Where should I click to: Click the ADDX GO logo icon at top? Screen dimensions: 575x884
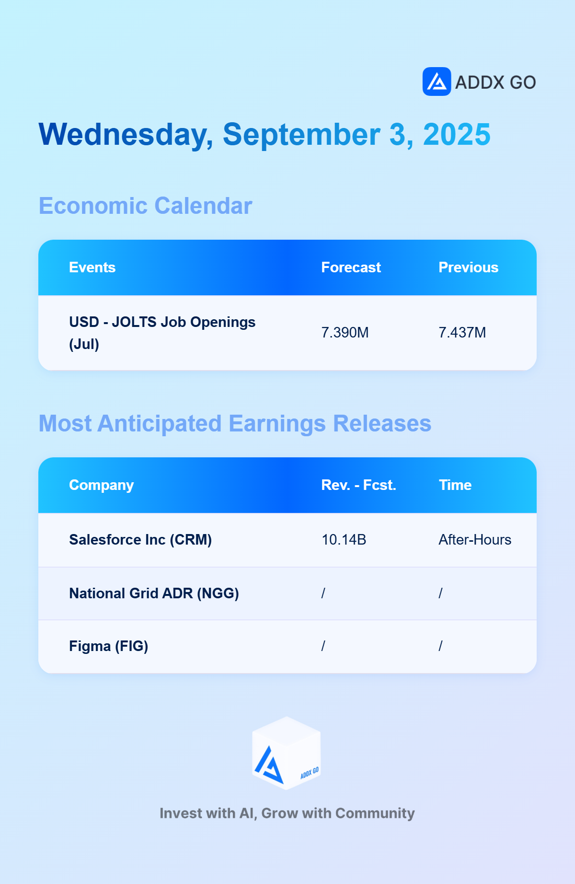pos(437,81)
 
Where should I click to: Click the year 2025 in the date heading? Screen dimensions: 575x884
pos(457,134)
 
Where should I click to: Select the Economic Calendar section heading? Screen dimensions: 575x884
pos(145,206)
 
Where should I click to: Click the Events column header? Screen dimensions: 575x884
pos(92,268)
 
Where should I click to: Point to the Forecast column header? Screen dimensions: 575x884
pos(351,268)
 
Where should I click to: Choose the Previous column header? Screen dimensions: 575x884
pos(469,268)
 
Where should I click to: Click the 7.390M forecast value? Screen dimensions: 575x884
pos(345,333)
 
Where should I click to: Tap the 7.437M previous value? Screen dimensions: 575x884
pos(462,333)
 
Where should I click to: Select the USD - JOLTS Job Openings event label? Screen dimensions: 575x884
pos(162,333)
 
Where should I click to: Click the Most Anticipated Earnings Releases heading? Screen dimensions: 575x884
pos(235,424)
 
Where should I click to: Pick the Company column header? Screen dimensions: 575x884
pos(102,485)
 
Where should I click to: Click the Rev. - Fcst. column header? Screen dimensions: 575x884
pos(359,485)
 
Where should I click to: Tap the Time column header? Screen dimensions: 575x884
pos(455,485)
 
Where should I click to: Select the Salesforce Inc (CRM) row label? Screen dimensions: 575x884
pos(140,540)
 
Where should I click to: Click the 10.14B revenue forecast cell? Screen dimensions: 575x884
pos(344,540)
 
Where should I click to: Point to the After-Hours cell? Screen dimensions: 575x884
pos(475,540)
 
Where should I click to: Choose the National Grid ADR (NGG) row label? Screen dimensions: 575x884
pos(154,593)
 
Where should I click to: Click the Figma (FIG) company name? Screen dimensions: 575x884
pos(109,646)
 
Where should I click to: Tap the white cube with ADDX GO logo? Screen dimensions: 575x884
pos(287,753)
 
